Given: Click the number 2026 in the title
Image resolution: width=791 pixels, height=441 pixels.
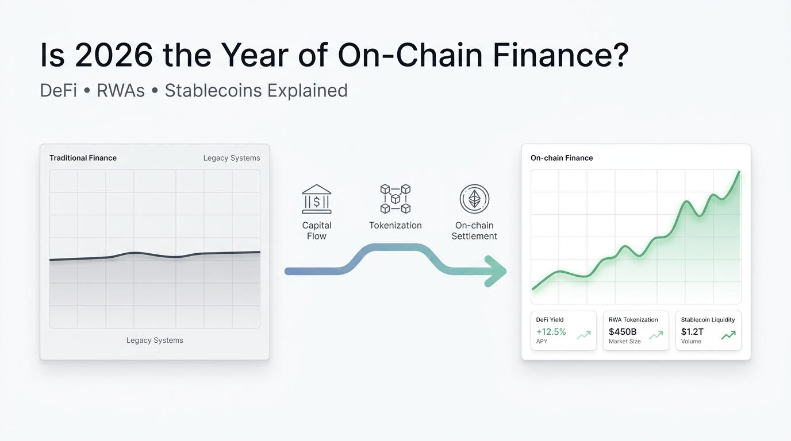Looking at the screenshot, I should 114,56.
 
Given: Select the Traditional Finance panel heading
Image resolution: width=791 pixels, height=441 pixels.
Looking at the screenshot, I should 83,158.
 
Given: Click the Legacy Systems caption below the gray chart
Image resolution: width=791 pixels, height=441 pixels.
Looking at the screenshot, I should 155,341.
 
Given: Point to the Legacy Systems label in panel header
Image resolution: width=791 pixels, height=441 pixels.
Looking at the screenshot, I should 232,158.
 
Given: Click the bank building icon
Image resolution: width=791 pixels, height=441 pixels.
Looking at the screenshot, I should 317,199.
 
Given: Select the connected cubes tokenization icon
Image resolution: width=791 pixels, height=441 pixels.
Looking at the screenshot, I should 395,199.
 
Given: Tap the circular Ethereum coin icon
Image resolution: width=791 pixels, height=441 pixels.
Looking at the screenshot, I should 474,199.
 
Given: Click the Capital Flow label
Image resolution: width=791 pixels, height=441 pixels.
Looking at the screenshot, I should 317,231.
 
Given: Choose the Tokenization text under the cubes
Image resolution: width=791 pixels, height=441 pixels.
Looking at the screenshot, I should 395,226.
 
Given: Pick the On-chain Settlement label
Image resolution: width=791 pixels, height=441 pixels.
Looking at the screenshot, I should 474,231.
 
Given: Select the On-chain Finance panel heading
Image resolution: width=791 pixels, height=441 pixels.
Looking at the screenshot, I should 562,158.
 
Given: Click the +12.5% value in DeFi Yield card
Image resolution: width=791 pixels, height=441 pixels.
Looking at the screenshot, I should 551,332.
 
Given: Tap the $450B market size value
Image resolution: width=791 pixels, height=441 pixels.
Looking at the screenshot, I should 623,332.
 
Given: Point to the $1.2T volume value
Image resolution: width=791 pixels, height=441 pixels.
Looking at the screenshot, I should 692,332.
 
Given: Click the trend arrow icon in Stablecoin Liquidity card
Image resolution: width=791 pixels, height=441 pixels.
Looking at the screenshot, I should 729,335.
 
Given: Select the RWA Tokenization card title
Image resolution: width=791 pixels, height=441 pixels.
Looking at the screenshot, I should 633,320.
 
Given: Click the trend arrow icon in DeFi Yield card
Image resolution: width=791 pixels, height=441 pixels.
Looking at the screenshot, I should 584,335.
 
